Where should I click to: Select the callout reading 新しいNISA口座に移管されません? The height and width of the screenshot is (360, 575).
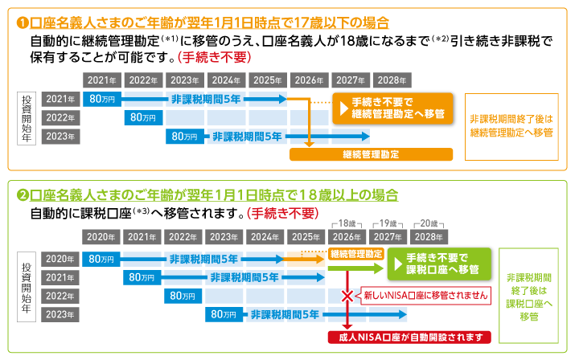[x=425, y=295]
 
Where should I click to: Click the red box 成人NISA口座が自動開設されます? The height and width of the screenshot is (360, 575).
[x=409, y=337]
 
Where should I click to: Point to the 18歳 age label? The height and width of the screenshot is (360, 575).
[x=347, y=223]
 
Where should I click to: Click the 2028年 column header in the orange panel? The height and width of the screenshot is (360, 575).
[x=391, y=80]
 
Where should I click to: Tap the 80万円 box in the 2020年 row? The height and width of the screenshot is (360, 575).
[x=101, y=259]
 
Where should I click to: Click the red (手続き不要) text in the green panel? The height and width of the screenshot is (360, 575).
[x=282, y=214]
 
